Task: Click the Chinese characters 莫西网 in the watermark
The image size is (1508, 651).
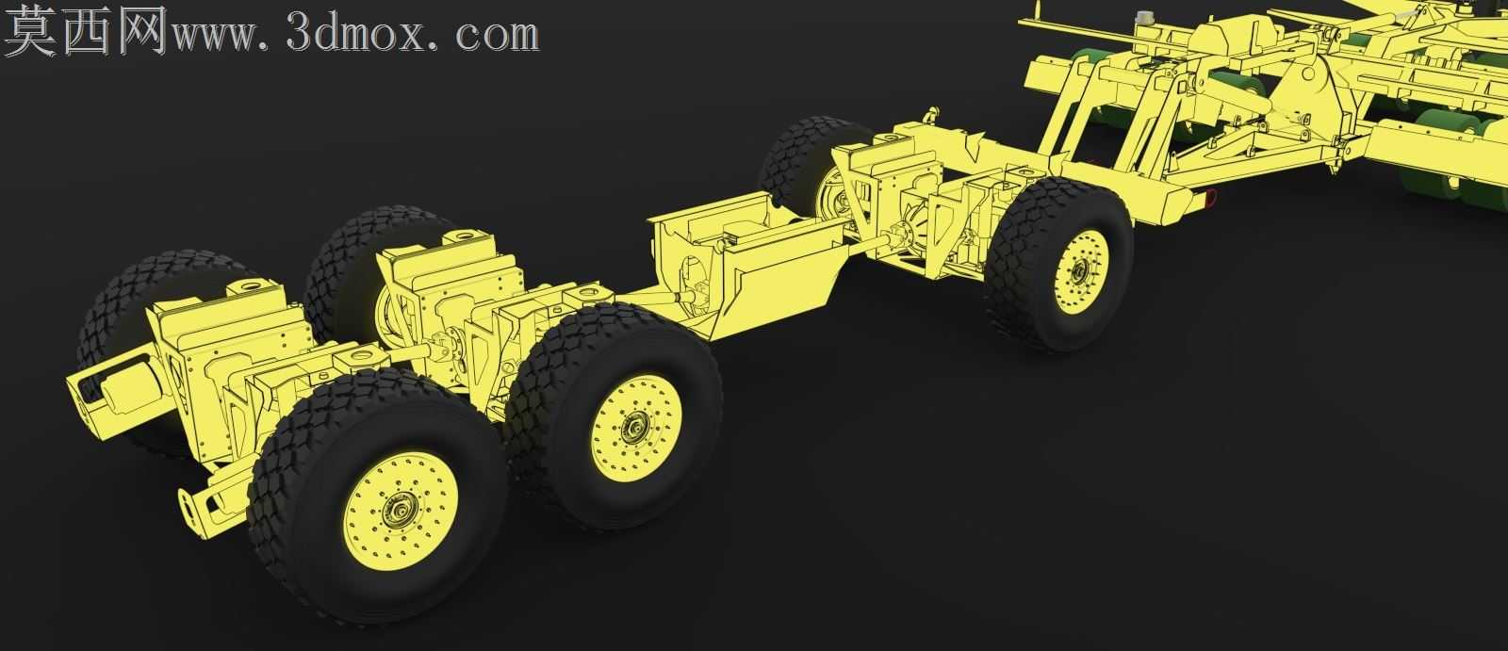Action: [x=85, y=30]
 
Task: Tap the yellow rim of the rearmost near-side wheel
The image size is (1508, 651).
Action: [x=1081, y=271]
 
